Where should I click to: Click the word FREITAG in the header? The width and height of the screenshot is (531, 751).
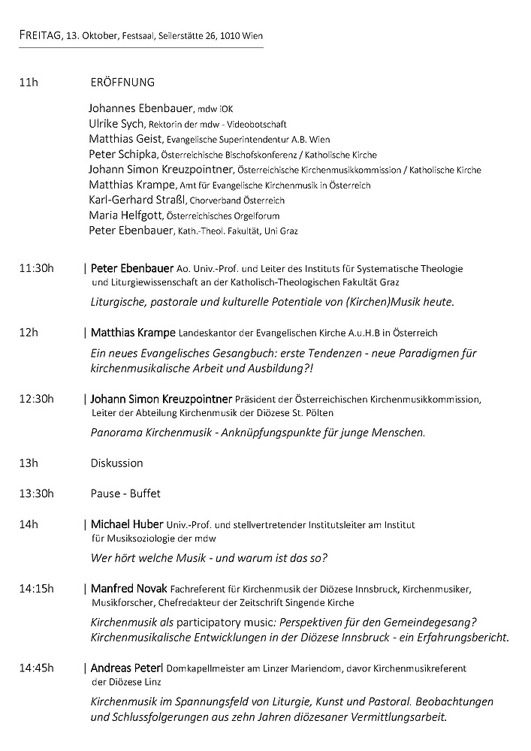click(x=41, y=35)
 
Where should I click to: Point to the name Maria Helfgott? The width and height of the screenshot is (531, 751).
click(x=122, y=216)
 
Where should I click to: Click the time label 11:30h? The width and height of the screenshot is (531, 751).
click(x=37, y=268)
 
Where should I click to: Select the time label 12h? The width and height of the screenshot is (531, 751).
click(x=28, y=332)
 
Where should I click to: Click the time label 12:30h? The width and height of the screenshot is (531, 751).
click(x=37, y=398)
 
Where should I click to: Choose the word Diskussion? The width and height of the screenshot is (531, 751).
click(x=116, y=463)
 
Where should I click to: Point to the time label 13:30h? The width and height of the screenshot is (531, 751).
click(x=37, y=493)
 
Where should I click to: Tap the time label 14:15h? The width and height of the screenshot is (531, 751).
click(x=37, y=589)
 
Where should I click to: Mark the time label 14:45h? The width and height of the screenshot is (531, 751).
click(x=37, y=667)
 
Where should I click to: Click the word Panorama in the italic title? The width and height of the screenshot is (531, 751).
click(x=115, y=433)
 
